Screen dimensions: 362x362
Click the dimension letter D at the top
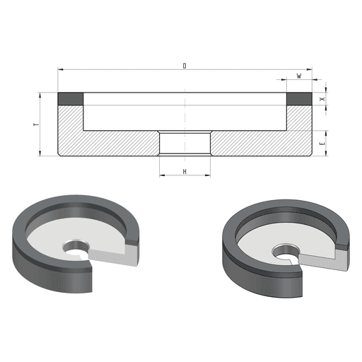point(185,66)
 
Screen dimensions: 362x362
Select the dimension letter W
point(299,76)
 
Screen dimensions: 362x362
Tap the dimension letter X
point(322,99)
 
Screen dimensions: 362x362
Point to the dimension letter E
point(322,144)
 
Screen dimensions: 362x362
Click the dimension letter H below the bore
point(185,172)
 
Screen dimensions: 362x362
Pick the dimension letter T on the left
point(37,124)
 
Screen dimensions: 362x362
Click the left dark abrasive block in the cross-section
point(71,99)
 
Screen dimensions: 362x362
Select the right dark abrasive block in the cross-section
point(299,99)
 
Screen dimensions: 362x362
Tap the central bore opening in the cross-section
point(185,144)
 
